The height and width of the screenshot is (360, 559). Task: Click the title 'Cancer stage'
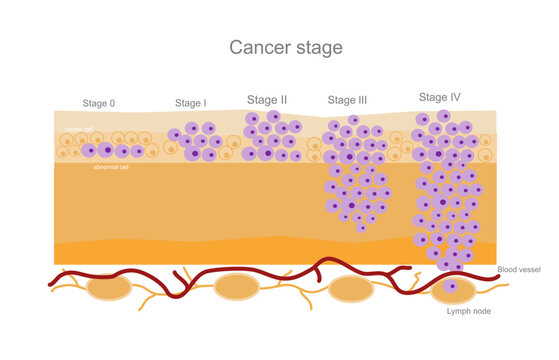click(x=285, y=47)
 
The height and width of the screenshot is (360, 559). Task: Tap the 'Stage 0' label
click(x=99, y=103)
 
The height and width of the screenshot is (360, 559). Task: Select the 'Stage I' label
click(x=190, y=103)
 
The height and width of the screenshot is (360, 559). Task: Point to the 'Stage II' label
click(x=267, y=100)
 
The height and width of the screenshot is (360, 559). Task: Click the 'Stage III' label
click(x=348, y=100)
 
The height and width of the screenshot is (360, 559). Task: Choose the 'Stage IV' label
click(x=441, y=97)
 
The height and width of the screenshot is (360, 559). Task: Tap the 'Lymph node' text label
click(x=468, y=311)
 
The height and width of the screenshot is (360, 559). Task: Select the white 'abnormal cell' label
click(x=111, y=167)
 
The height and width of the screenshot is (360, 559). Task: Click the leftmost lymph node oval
click(x=108, y=288)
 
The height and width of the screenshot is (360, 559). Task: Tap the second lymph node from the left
click(x=238, y=288)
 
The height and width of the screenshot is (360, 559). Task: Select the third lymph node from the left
click(x=350, y=289)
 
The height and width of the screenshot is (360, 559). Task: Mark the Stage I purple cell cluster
click(x=195, y=141)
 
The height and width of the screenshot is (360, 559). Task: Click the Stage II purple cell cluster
click(x=271, y=137)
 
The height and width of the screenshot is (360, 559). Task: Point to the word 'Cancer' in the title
click(x=256, y=47)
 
